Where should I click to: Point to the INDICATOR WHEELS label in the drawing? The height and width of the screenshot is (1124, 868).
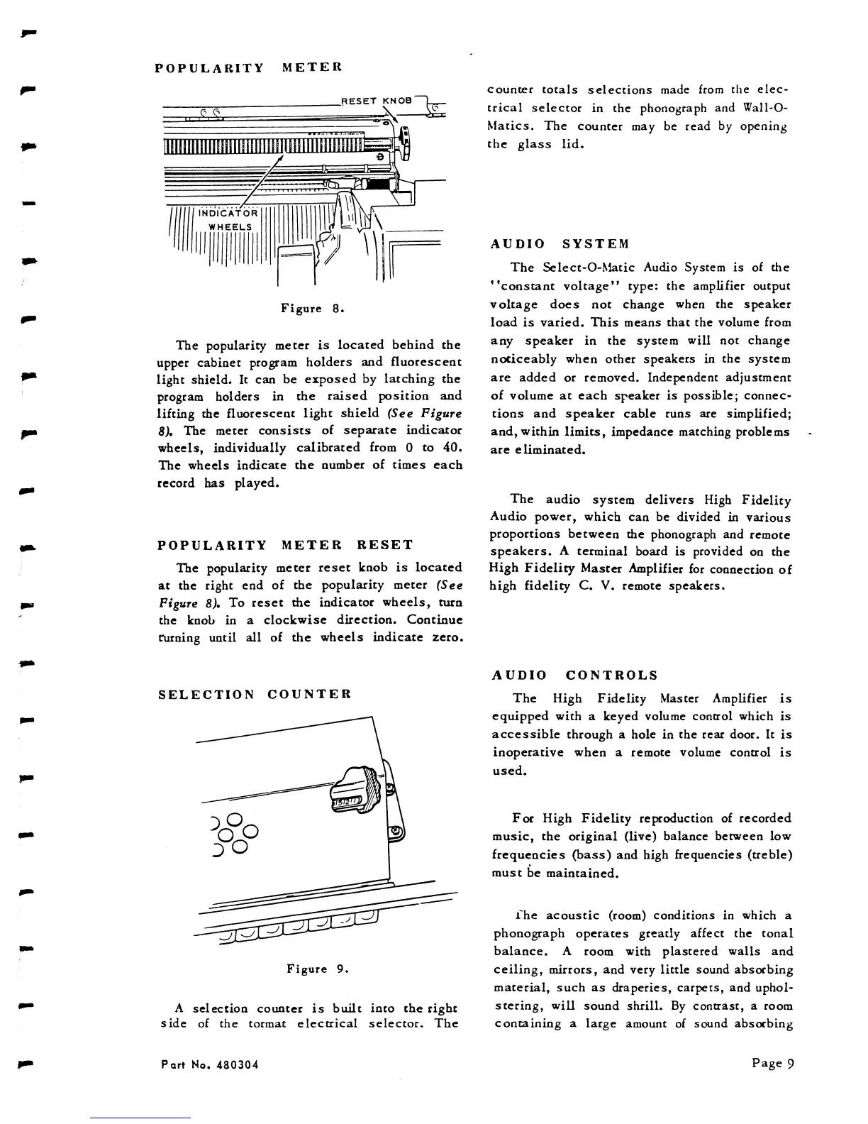(x=228, y=220)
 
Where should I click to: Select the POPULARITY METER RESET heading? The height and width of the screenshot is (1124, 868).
(x=284, y=545)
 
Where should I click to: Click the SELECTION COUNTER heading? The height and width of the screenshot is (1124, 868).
(x=255, y=694)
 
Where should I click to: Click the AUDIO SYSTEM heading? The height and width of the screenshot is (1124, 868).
(x=560, y=244)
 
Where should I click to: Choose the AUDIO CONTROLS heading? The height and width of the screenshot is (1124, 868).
(x=574, y=676)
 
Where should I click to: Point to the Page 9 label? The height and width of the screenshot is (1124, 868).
(x=772, y=1063)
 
